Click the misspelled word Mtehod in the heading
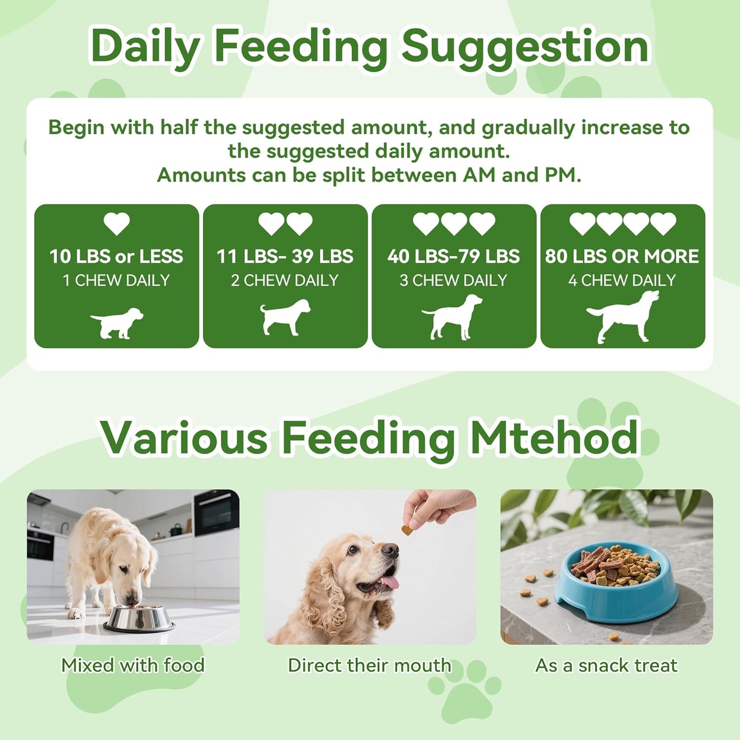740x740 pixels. pyautogui.click(x=554, y=438)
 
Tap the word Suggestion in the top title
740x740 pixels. pyautogui.click(x=525, y=47)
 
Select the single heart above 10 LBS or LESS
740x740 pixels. pyautogui.click(x=117, y=224)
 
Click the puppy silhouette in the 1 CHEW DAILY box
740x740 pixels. pyautogui.click(x=117, y=323)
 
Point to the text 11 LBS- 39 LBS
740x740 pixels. pyautogui.click(x=285, y=256)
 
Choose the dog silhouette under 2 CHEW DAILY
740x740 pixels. pyautogui.click(x=285, y=318)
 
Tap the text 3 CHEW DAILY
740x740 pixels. pyautogui.click(x=453, y=280)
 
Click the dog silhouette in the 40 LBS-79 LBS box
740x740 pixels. pyautogui.click(x=453, y=318)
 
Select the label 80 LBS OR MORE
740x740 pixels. pyautogui.click(x=622, y=256)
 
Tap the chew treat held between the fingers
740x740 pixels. pyautogui.click(x=407, y=530)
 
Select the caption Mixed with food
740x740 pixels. pyautogui.click(x=133, y=665)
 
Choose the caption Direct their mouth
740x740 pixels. pyautogui.click(x=370, y=665)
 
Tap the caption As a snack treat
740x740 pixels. pyautogui.click(x=606, y=665)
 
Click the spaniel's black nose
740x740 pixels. pyautogui.click(x=390, y=551)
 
